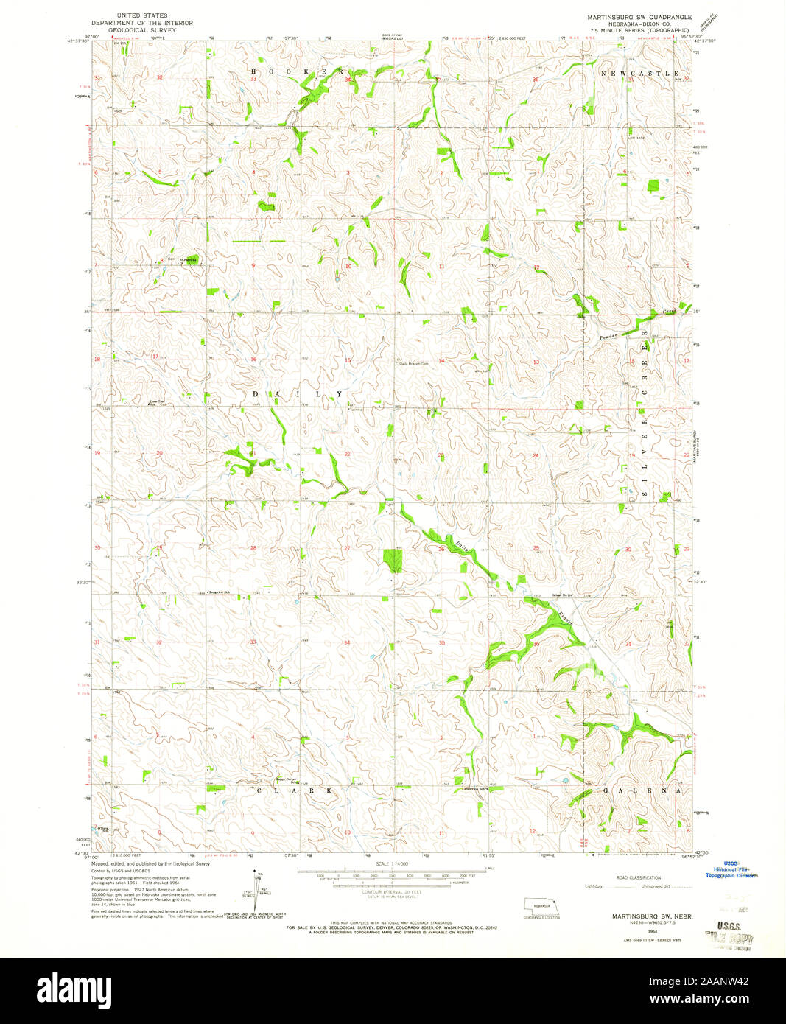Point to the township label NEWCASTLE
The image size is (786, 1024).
tap(640, 74)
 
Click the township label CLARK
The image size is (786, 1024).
tap(295, 790)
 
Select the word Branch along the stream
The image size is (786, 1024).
tap(564, 614)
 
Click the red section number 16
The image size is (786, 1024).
tap(253, 360)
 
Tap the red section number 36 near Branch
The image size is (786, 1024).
tap(536, 643)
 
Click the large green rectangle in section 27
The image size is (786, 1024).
tap(393, 560)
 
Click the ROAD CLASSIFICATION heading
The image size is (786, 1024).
tap(638, 877)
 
